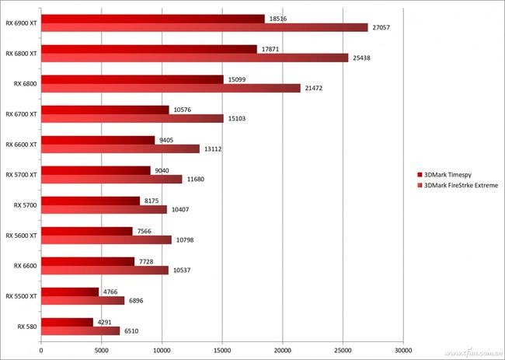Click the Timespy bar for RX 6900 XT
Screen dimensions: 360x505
[x=152, y=18]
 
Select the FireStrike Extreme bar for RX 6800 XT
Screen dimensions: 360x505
[x=194, y=58]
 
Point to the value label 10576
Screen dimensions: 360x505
[x=183, y=110]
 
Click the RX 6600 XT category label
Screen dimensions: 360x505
[x=21, y=144]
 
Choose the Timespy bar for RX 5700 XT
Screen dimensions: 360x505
[x=96, y=170]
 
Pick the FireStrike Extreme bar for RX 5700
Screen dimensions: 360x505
[x=103, y=209]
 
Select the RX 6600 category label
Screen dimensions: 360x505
[x=25, y=266]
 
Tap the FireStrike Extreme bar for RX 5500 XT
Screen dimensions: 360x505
[x=82, y=300]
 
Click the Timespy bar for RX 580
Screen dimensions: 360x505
[x=67, y=322]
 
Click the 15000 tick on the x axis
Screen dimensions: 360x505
[x=222, y=351]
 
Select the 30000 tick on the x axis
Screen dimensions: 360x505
[x=402, y=351]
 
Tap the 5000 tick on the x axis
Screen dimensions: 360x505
[x=101, y=351]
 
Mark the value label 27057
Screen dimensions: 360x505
[x=381, y=27]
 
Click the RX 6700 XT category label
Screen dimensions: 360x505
[x=21, y=114]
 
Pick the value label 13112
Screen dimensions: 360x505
[x=211, y=149]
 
